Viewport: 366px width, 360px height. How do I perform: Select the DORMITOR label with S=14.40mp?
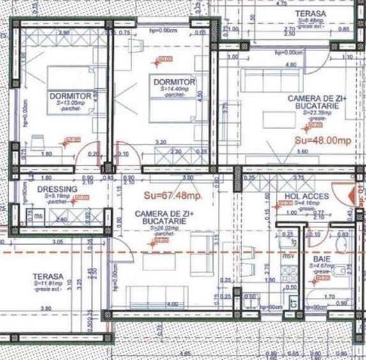coord(173,82)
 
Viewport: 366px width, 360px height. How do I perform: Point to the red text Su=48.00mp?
coord(323,140)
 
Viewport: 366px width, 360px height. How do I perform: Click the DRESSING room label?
coord(57,189)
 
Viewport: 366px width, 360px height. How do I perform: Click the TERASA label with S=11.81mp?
coord(47,277)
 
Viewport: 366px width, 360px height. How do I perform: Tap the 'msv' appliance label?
coord(288,256)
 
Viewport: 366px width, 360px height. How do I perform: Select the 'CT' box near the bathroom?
coord(293,304)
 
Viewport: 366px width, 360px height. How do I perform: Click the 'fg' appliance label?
coord(293,242)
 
